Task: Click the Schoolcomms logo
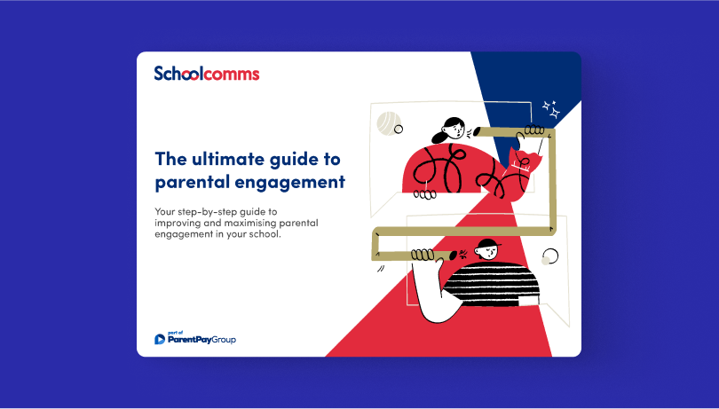[x=207, y=74]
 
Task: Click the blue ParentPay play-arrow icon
[x=160, y=339]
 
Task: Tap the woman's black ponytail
[x=440, y=136]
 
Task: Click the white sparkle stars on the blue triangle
[x=551, y=109]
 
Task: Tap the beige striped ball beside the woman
[x=388, y=123]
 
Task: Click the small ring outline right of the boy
[x=550, y=256]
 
